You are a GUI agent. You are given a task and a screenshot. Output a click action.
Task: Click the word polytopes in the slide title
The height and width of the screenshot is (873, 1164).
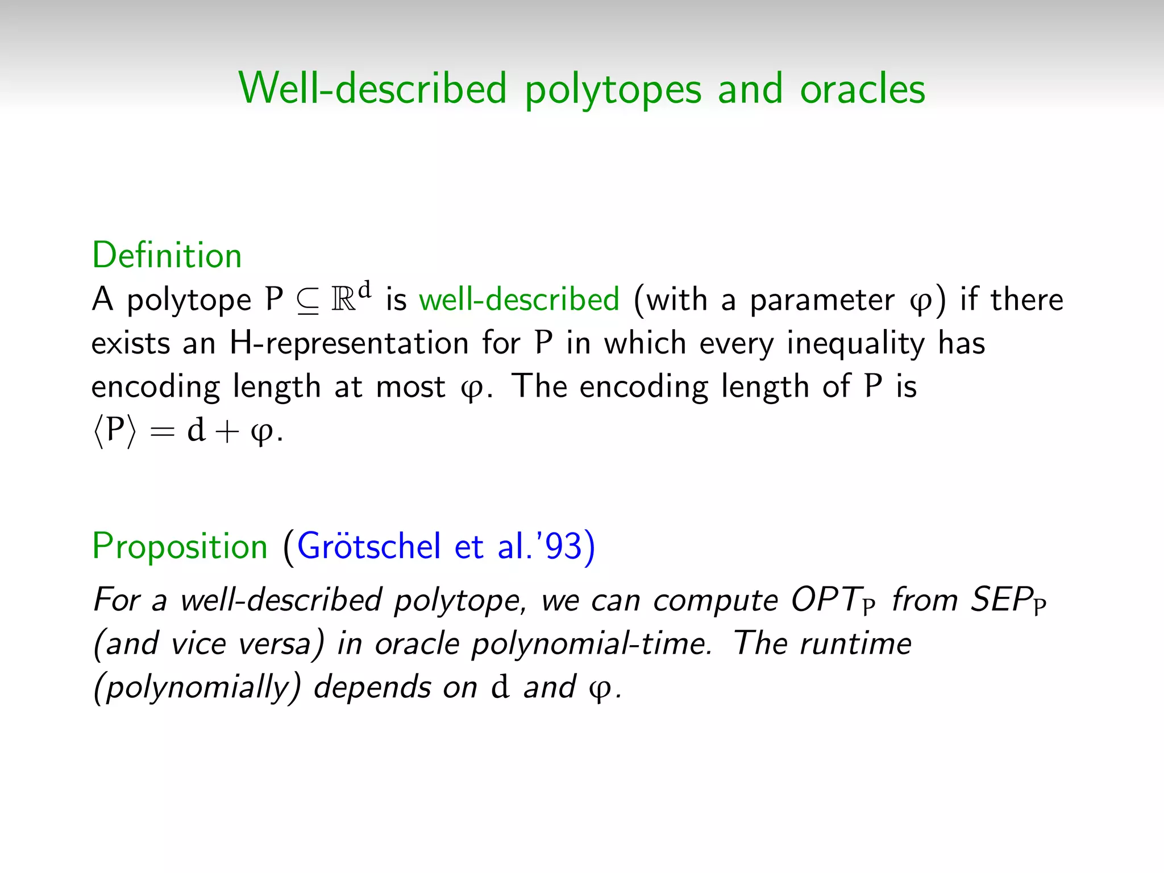point(613,90)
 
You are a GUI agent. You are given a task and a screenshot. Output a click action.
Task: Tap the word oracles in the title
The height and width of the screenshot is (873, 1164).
point(862,90)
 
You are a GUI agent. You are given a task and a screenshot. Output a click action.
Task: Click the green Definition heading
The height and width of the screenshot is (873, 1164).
point(167,255)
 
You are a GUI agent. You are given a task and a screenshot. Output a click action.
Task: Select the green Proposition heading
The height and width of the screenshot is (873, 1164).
point(180,546)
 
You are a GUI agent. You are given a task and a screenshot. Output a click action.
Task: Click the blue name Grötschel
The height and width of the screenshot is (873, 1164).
point(369,546)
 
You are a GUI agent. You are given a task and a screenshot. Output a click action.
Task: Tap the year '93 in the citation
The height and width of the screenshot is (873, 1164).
point(563,546)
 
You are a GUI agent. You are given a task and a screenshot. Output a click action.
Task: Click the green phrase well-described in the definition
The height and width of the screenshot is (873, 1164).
point(519,300)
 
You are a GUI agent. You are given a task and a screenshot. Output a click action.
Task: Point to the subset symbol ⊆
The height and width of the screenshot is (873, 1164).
point(307,301)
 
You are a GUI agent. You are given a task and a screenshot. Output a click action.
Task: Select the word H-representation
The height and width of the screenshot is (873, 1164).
point(348,343)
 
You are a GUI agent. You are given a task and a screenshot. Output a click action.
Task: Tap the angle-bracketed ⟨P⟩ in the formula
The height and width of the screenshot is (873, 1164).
point(115,431)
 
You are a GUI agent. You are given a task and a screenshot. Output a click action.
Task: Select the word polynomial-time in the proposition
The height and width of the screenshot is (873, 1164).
point(591,645)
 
